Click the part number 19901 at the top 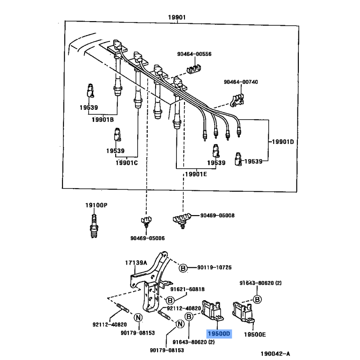pos(177,17)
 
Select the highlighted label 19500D pos(219,333)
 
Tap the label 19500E pos(255,334)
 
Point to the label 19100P pos(96,205)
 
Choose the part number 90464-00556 pos(194,54)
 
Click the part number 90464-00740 pos(241,82)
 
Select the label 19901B pos(103,120)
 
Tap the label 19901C pos(126,163)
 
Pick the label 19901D pos(283,142)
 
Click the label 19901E pos(196,174)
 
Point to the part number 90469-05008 pos(217,216)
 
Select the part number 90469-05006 pos(148,238)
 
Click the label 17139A pos(136,263)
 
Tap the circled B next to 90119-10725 pos(183,268)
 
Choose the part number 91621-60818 pos(187,289)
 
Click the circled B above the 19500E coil pos(257,299)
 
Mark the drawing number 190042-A pos(275,354)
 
